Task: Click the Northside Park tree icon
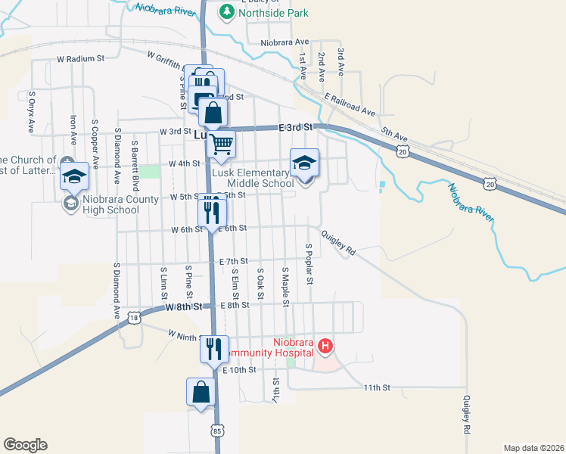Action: pyautogui.click(x=226, y=11)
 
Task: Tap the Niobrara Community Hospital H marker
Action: pyautogui.click(x=325, y=347)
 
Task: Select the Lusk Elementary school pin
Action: pyautogui.click(x=304, y=163)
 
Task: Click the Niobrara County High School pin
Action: pyautogui.click(x=74, y=177)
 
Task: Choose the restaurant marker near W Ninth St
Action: pyautogui.click(x=214, y=348)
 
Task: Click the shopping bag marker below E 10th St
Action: pyautogui.click(x=201, y=393)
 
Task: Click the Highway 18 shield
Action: pyautogui.click(x=134, y=317)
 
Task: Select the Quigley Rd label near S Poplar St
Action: pyautogui.click(x=338, y=242)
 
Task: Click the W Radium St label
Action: pyautogui.click(x=79, y=58)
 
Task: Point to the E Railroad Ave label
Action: pyautogui.click(x=350, y=105)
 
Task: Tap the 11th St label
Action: pyautogui.click(x=376, y=387)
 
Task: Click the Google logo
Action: pyautogui.click(x=25, y=445)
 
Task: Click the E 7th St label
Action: pyautogui.click(x=233, y=261)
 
